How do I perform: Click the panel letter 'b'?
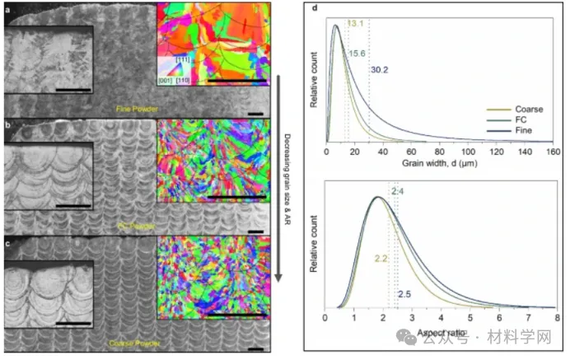pos(8,125)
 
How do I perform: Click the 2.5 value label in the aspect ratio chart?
pos(405,295)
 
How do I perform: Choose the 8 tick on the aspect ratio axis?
pos(557,316)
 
